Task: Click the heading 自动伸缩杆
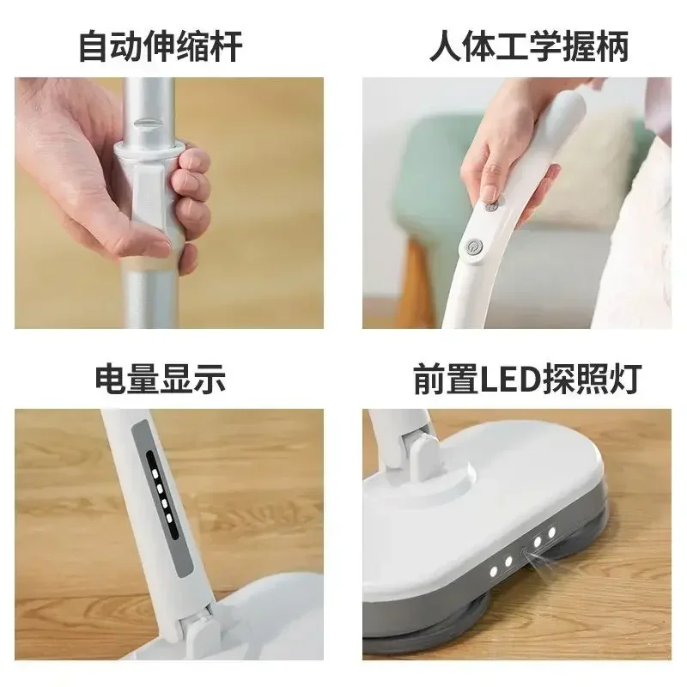click(x=161, y=46)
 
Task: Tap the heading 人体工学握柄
click(x=529, y=46)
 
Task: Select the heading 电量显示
click(x=161, y=378)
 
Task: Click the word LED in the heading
click(x=510, y=379)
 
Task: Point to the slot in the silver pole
click(x=146, y=123)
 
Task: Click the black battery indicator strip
click(x=162, y=495)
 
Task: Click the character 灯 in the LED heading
click(x=626, y=379)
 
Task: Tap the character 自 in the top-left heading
click(x=94, y=46)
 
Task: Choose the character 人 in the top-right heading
click(x=446, y=46)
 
